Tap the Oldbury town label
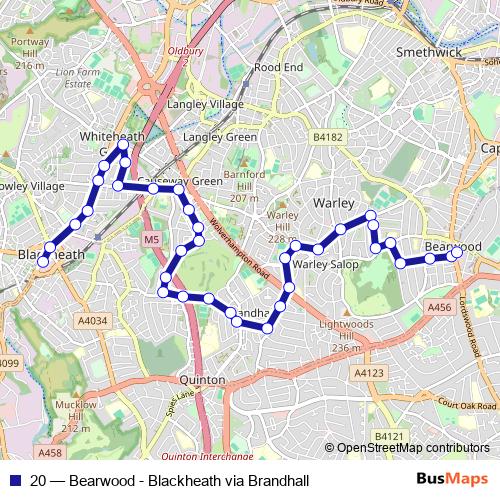186,47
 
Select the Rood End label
278,67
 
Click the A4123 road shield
369,372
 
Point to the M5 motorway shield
151,240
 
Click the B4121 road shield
388,436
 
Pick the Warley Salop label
325,265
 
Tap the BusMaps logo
453,480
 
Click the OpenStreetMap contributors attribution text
413,448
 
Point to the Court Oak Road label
466,406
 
